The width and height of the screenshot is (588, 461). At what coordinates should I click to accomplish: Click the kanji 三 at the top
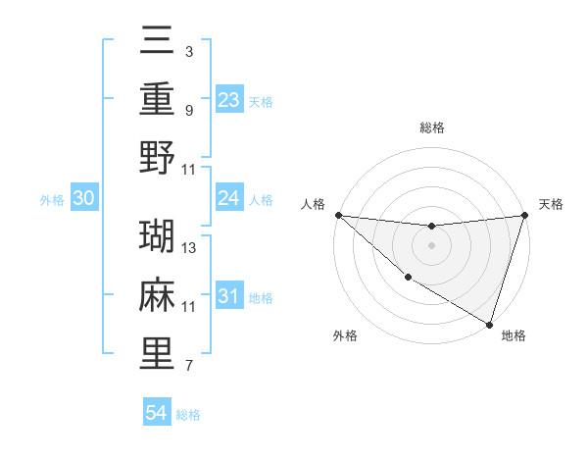pos(158,43)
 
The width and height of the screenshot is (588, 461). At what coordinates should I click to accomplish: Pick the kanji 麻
pos(158,295)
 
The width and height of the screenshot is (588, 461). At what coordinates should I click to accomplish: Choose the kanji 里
pos(158,353)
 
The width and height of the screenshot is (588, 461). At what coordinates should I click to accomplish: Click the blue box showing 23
pos(229,100)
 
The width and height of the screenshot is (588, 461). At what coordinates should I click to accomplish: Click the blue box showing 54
pos(157,414)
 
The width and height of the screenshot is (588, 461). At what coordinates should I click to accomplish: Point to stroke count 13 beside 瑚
pos(190,249)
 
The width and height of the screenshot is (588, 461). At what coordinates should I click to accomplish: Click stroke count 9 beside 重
pos(189,110)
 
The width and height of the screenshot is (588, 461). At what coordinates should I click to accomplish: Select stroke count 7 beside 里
pos(189,367)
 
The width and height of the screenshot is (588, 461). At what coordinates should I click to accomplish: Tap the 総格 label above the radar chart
pos(432,128)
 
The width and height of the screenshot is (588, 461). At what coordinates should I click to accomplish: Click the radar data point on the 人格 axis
pos(338,214)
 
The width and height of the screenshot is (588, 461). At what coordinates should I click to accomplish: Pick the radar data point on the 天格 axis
pos(525,214)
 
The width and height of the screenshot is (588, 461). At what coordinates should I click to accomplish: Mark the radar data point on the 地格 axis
pos(489,323)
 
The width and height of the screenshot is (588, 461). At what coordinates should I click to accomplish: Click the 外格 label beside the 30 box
pos(52,200)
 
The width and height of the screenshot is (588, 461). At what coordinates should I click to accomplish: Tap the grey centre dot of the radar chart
pos(431,245)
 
